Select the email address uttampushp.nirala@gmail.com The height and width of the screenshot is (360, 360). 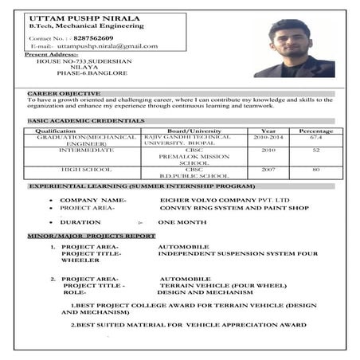tap(100, 46)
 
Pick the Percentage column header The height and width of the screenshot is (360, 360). tap(315, 130)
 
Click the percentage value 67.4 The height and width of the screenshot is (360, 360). tap(315, 137)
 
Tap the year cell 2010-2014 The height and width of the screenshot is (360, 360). tap(268, 137)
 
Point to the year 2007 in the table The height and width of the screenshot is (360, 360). tap(268, 169)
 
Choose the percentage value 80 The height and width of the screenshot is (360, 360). tap(315, 169)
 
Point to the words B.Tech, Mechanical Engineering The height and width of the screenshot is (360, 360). tap(76, 26)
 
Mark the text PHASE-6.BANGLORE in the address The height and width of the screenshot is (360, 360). tap(92, 72)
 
